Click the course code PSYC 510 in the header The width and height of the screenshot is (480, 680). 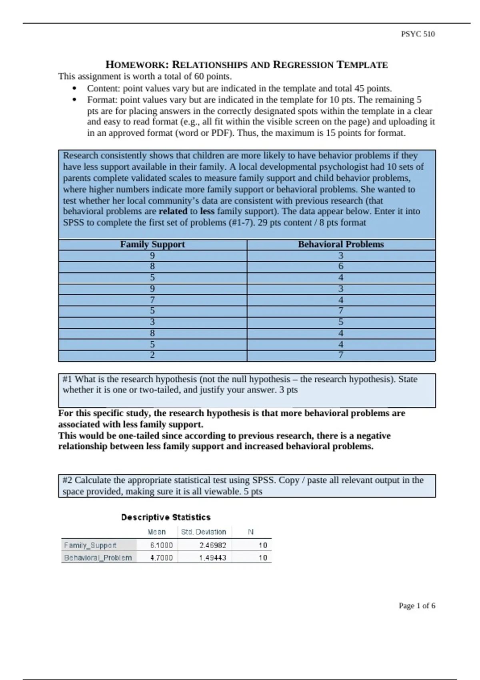click(x=418, y=34)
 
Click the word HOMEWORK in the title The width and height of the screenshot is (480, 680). click(x=136, y=65)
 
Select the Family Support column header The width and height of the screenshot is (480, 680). click(x=152, y=244)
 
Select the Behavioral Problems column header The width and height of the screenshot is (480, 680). click(x=341, y=244)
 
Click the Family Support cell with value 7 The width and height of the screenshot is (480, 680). click(x=152, y=300)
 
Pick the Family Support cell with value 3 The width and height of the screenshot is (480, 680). click(x=152, y=322)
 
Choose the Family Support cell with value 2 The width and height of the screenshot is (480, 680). click(x=152, y=355)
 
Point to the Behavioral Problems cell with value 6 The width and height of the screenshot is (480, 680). click(x=341, y=266)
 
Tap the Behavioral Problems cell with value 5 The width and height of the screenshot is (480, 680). click(x=341, y=322)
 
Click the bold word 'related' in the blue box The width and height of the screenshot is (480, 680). click(x=173, y=211)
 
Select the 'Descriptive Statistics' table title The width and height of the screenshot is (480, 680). click(x=166, y=517)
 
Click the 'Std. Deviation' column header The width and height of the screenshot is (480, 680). click(x=204, y=532)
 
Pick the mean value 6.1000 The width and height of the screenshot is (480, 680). click(x=161, y=545)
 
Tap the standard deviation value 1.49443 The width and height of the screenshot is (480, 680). click(x=213, y=558)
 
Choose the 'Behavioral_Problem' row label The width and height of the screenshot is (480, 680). click(x=98, y=558)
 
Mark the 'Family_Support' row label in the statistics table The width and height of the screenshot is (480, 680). click(x=90, y=545)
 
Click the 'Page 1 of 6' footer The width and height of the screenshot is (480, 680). click(x=417, y=606)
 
